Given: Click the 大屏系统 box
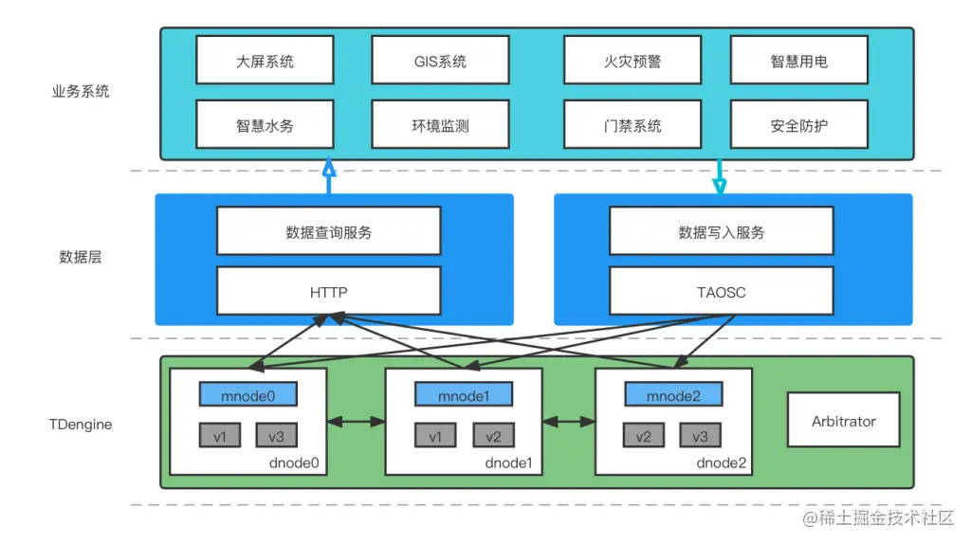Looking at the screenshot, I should [x=265, y=61].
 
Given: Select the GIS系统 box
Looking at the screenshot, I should [x=440, y=61].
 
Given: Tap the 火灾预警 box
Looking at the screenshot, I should [x=632, y=61].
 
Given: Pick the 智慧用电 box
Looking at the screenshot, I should [x=798, y=61].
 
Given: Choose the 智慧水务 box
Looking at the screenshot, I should [x=265, y=125].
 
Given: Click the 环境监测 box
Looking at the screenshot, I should [x=440, y=125].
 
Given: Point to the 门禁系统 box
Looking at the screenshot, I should [x=632, y=125].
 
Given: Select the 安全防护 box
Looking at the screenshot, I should [x=798, y=125].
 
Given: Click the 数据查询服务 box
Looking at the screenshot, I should [x=328, y=232].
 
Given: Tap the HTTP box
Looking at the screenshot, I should [x=328, y=292].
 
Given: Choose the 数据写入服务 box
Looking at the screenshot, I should [x=722, y=232].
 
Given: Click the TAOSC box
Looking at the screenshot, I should [x=722, y=292].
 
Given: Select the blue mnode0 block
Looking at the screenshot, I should [x=248, y=395].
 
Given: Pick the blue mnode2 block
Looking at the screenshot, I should [x=672, y=395].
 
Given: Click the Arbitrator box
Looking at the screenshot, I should [x=843, y=421].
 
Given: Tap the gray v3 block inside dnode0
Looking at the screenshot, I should [x=276, y=436].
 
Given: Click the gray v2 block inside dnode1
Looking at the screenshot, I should [x=493, y=436].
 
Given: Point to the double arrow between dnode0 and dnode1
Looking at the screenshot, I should [x=356, y=421].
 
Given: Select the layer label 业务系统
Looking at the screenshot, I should [x=81, y=92].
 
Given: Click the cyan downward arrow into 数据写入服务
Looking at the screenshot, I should [x=719, y=177].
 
